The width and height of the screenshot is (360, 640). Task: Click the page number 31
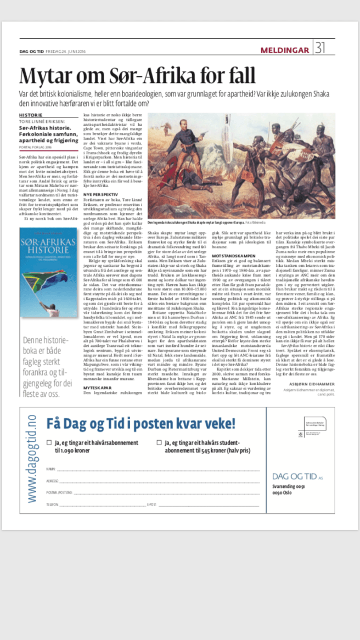point(320,49)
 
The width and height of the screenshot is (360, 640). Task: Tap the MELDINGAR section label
point(285,50)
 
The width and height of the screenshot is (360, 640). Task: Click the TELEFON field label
point(52,503)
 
